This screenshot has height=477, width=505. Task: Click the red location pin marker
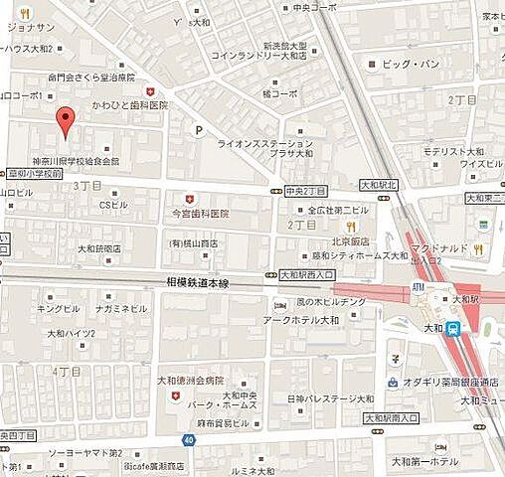(x=66, y=120)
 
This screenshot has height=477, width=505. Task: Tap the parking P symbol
(x=199, y=130)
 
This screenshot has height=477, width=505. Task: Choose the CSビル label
(x=113, y=205)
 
